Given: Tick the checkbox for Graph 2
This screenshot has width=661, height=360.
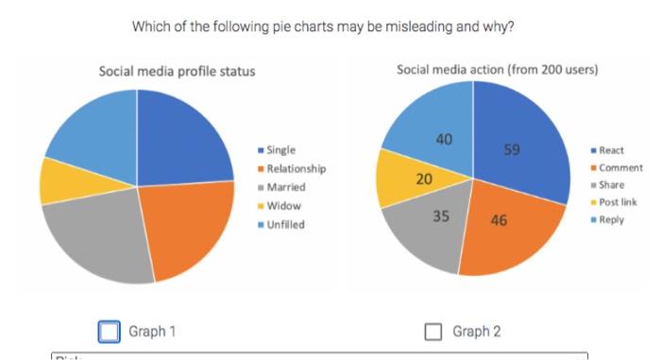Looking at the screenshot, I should coord(433,331).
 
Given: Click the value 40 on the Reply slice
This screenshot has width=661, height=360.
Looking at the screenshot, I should coord(443,140).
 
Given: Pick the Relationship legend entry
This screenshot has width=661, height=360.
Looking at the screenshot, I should coord(295,169).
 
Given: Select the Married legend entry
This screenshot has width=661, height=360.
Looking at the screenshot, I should coord(284,188).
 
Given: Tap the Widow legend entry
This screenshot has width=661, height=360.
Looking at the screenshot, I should coord(281,206).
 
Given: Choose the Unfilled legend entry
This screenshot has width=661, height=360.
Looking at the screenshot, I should coord(285,225).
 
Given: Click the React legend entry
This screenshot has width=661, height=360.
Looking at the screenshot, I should coord(610,150).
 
